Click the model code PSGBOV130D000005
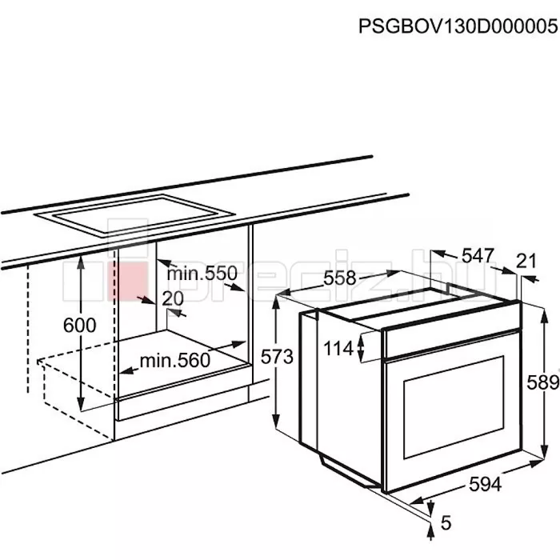point(458,26)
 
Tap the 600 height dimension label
point(80,326)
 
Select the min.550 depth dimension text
point(202,274)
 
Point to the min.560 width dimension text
point(175,360)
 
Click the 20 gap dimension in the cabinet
point(173,298)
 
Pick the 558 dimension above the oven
point(340,278)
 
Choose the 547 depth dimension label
point(478,255)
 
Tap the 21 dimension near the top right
point(526,261)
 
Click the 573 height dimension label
point(277,357)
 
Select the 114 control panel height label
point(338,348)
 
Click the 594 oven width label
point(486,485)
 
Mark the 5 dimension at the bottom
point(446,523)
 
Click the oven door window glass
point(454,406)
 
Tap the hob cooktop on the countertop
point(135,215)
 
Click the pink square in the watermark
point(126,281)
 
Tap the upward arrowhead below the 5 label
point(431,534)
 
